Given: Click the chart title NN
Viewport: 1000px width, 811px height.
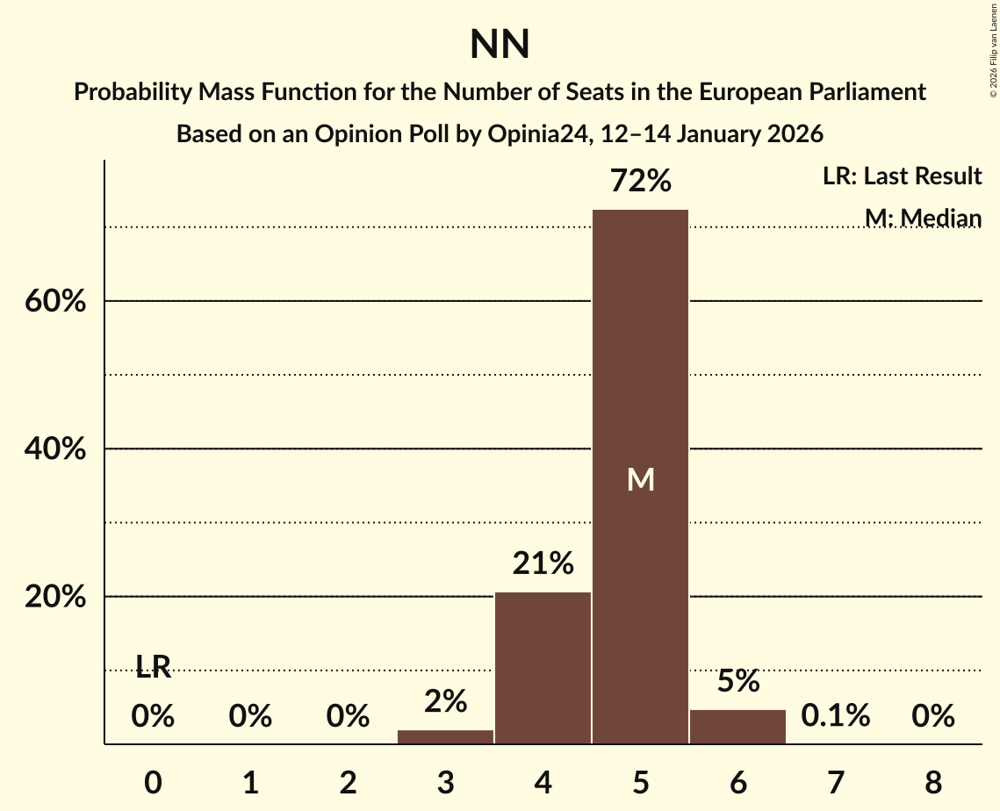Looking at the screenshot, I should (x=500, y=45).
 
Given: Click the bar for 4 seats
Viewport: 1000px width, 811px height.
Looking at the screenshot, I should (x=543, y=668).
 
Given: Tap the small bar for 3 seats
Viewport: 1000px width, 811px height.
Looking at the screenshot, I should (x=445, y=736).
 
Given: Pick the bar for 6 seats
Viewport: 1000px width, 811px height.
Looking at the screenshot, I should (x=737, y=727).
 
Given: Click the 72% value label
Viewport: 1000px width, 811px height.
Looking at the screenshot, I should (x=640, y=182).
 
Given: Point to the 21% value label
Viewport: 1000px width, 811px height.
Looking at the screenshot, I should (x=543, y=563).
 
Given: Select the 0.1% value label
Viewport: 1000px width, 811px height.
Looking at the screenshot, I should (x=835, y=716).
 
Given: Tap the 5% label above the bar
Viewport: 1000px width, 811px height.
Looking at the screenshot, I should (x=737, y=681).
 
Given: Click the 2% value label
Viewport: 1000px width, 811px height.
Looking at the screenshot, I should (x=445, y=701).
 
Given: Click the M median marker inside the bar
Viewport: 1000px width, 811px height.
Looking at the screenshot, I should (x=640, y=479).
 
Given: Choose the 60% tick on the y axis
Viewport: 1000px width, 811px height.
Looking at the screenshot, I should (x=54, y=301).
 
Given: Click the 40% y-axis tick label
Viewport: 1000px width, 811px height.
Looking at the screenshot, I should (x=54, y=449).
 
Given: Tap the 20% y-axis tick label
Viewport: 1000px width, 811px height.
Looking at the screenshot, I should (x=54, y=597).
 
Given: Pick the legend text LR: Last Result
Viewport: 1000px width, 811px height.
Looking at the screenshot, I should (x=902, y=176).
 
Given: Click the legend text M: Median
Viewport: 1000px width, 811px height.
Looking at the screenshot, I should (x=922, y=218).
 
